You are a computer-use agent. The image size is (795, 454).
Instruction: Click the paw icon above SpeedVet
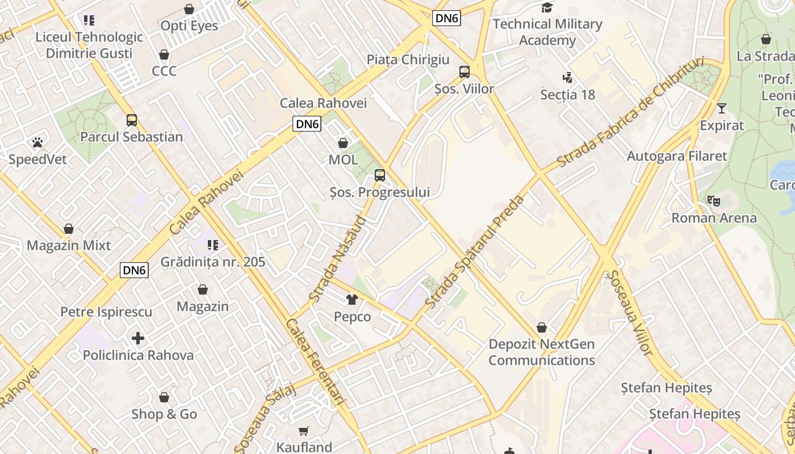click(x=37, y=142)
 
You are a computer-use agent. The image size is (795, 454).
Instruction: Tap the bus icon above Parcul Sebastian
click(x=132, y=120)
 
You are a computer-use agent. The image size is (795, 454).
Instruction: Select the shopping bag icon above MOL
click(x=343, y=142)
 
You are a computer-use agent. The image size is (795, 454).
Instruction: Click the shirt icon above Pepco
click(x=352, y=300)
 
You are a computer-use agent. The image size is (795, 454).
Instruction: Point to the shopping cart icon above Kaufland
click(x=304, y=431)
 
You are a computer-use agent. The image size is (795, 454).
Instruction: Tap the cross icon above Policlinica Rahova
click(x=138, y=338)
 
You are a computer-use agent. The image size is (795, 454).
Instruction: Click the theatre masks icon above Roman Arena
click(x=714, y=200)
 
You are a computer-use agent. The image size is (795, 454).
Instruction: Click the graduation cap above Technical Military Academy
click(x=547, y=7)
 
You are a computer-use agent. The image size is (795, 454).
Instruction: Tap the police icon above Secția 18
click(x=567, y=77)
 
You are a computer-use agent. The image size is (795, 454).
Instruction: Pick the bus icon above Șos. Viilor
click(x=465, y=72)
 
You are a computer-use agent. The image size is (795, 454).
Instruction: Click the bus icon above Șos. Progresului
click(x=380, y=175)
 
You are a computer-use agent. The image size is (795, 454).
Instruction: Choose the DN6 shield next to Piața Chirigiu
click(x=446, y=18)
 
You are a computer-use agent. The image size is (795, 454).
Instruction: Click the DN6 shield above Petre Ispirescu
click(x=135, y=270)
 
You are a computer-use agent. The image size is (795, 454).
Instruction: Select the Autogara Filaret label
click(x=676, y=156)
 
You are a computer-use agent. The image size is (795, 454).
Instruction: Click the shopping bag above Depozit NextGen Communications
click(x=542, y=328)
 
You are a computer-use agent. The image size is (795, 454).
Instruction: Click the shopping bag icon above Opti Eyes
click(x=189, y=9)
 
